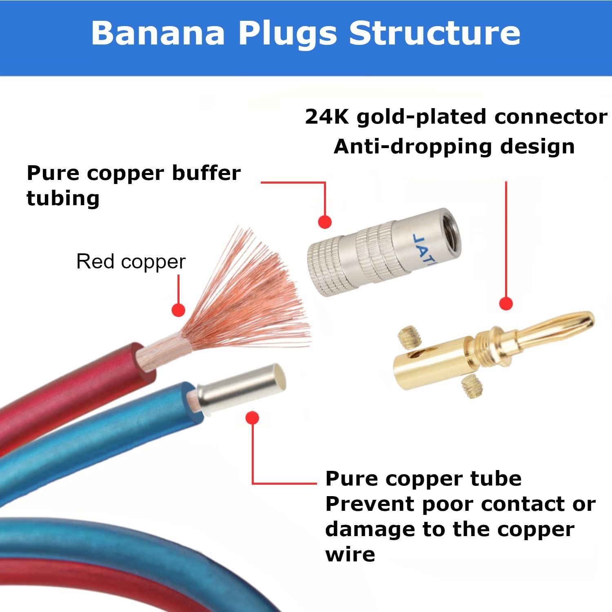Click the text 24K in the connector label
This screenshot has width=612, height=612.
click(326, 117)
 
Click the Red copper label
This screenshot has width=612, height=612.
click(131, 262)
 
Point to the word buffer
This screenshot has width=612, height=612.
click(206, 173)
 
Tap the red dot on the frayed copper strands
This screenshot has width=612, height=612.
click(178, 310)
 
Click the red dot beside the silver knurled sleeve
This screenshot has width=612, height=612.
click(325, 222)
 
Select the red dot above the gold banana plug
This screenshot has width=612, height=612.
click(506, 304)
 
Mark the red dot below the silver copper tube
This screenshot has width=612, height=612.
click(253, 418)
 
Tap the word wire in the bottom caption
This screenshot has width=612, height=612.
click(350, 554)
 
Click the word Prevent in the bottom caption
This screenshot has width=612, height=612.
click(369, 504)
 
